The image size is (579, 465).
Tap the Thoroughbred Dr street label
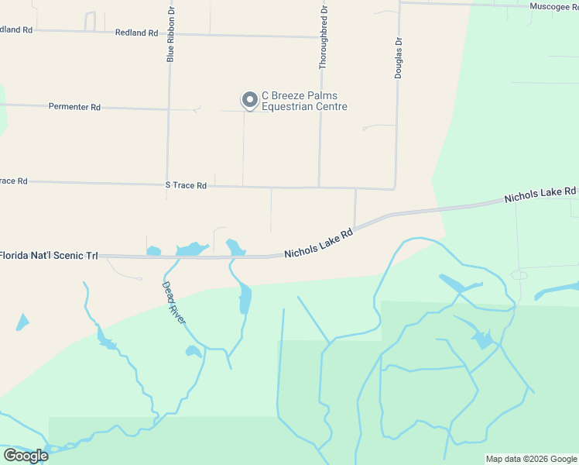tap(324, 38)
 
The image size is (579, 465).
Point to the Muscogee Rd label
tap(553, 6)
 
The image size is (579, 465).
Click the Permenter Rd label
tap(74, 107)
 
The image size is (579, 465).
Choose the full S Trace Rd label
tap(186, 185)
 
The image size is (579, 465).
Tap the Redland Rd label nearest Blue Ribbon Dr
tap(136, 33)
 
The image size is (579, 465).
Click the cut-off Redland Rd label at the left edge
tap(15, 29)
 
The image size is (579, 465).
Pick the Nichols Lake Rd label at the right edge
tap(540, 195)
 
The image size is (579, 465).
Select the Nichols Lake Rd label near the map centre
tap(318, 243)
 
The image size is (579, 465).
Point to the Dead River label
tap(173, 302)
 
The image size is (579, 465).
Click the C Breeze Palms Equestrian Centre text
tap(304, 102)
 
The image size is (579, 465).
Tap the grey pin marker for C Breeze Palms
tap(249, 100)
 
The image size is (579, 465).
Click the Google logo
tap(26, 456)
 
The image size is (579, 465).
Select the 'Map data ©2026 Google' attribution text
tap(531, 459)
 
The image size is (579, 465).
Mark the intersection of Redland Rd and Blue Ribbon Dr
tap(168, 34)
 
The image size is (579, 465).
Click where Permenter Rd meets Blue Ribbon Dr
tap(168, 109)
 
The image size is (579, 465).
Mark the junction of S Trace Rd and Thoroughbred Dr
tap(319, 187)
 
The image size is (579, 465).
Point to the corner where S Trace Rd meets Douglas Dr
tap(396, 188)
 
